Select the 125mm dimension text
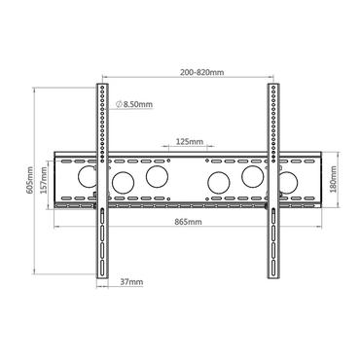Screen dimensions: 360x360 click(190, 142)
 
